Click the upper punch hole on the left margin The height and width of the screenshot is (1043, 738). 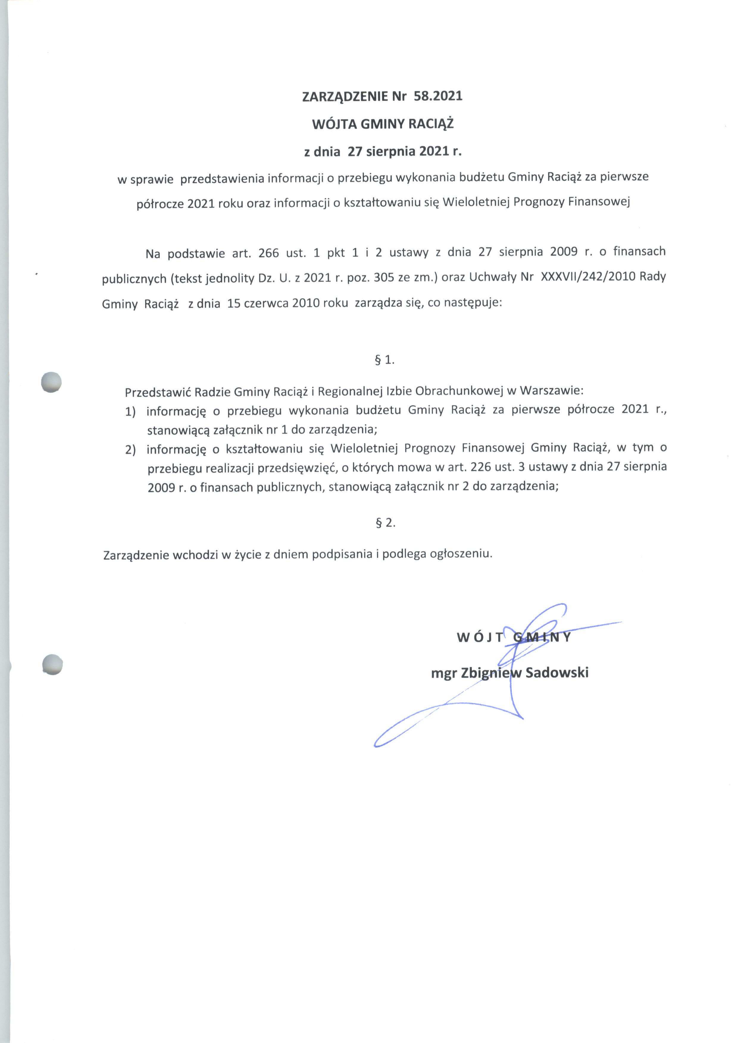(x=51, y=382)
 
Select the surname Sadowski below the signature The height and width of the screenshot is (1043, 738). (x=557, y=673)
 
